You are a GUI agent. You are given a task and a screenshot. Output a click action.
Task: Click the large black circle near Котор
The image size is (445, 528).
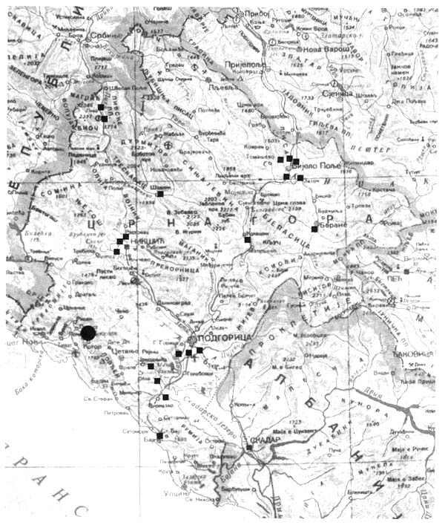[88, 334]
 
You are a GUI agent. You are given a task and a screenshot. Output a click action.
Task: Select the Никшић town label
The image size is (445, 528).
[143, 241]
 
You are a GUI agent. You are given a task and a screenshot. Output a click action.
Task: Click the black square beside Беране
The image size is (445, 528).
[314, 229]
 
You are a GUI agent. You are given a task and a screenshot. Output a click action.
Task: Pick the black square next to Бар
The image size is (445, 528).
[160, 436]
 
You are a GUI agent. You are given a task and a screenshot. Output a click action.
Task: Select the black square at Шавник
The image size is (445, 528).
[160, 194]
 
